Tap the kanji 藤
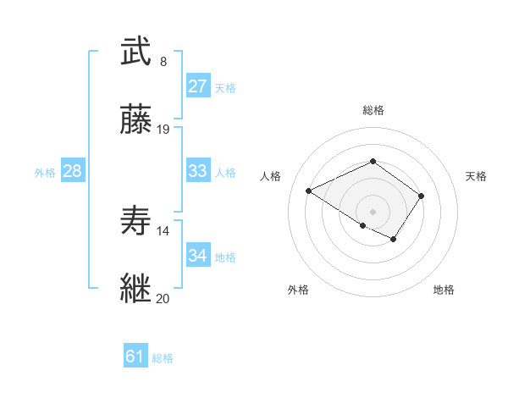click(x=135, y=121)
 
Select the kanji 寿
click(x=135, y=221)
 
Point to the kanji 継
click(x=135, y=288)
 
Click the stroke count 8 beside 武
click(x=163, y=61)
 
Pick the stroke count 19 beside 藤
click(x=163, y=130)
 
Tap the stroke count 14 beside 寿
click(x=163, y=230)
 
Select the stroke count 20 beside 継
click(x=163, y=298)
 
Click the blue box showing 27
click(x=198, y=86)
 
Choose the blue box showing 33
click(x=198, y=171)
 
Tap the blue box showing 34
click(x=198, y=256)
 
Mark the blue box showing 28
click(x=73, y=171)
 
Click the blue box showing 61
click(x=135, y=357)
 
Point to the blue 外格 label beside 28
click(x=45, y=173)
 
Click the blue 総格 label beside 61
click(x=163, y=358)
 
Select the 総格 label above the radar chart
click(x=373, y=110)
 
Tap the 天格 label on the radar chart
click(x=476, y=176)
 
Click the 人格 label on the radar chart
click(x=270, y=176)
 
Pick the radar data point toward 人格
click(x=309, y=191)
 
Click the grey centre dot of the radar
click(x=373, y=211)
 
